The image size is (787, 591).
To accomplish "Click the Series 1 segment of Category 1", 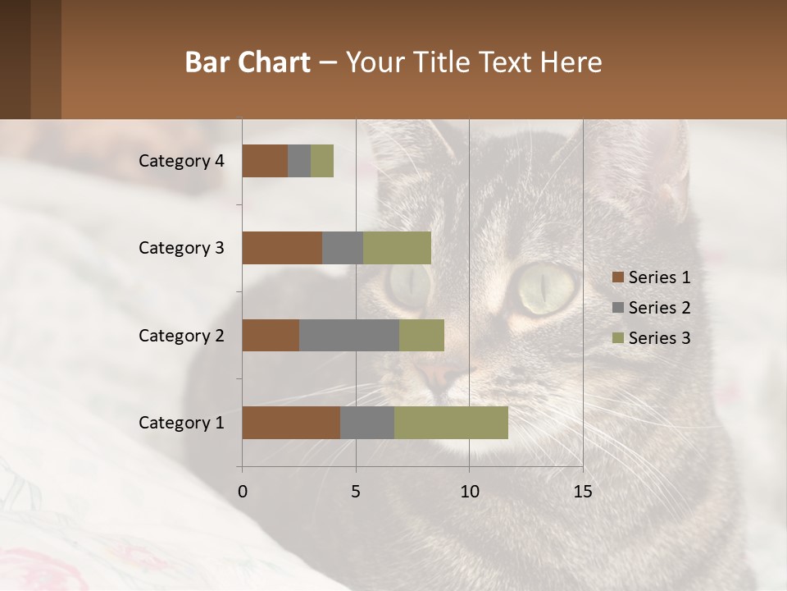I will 291,423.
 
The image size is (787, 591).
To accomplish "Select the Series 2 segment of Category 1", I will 367,423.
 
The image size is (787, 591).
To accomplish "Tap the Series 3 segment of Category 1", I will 451,423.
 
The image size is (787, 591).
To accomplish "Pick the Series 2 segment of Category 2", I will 349,335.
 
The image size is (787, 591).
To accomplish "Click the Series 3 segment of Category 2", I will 421,335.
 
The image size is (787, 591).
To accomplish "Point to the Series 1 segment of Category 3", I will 282,248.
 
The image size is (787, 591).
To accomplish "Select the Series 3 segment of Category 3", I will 397,248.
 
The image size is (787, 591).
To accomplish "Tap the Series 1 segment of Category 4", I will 265,161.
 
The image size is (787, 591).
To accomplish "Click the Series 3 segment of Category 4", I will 322,161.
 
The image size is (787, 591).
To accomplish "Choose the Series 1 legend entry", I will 652,277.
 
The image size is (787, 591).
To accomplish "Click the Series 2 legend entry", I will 652,308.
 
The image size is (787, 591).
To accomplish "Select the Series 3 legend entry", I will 652,338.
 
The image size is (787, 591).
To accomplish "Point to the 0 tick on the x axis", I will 242,492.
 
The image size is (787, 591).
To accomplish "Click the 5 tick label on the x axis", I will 356,492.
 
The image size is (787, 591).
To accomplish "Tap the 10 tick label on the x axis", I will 469,492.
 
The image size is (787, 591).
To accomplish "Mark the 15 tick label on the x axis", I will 583,492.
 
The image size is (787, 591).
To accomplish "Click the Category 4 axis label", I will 181,161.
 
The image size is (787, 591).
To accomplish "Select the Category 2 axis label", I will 181,336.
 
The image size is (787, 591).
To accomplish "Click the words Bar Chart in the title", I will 248,62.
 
